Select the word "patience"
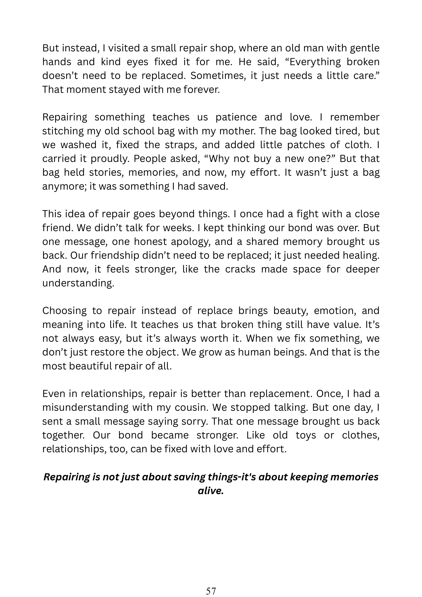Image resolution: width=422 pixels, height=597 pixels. click(236, 117)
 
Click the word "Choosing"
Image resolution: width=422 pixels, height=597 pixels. click(64, 311)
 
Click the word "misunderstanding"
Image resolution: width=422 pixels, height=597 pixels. click(85, 408)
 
